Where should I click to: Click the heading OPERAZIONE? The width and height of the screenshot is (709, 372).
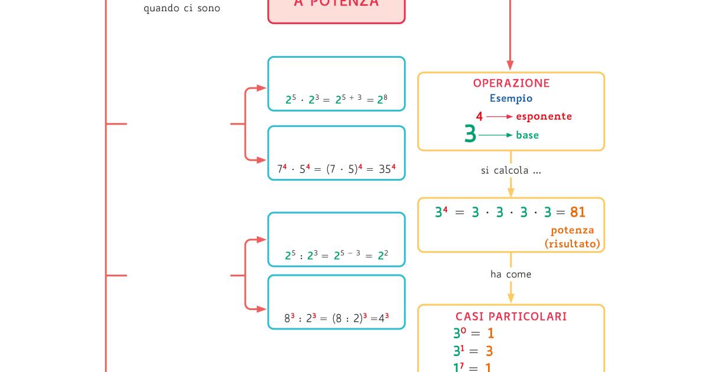511,83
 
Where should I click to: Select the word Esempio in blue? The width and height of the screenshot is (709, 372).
510,99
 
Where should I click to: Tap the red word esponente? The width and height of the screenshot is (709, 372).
544,116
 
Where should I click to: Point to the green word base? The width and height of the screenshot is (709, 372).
527,135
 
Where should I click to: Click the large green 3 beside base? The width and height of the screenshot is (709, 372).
470,135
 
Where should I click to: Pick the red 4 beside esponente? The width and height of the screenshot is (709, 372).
479,117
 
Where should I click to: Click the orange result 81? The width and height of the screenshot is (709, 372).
578,212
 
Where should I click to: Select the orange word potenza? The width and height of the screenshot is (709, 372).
572,230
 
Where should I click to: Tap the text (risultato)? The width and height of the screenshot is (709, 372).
572,243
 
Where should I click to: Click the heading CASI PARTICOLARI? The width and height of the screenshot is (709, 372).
511,316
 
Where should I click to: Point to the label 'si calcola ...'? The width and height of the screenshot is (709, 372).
511,171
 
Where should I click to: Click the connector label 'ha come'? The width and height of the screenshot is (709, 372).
510,274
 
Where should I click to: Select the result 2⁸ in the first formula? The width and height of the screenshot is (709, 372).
381,99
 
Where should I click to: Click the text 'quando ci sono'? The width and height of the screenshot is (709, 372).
182,9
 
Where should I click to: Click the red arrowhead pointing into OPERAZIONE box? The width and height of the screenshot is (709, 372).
510,66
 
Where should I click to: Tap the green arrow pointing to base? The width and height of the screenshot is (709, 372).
496,135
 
